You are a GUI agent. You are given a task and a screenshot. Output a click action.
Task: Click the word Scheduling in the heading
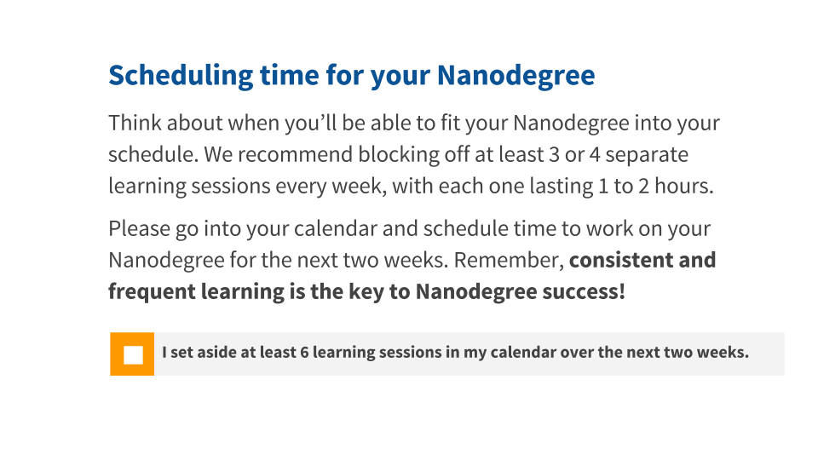point(181,76)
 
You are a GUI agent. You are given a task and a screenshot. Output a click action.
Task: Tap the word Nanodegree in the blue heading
point(516,76)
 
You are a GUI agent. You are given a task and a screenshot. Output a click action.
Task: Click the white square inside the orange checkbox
point(133,354)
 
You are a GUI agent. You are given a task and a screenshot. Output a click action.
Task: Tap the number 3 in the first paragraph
point(554,155)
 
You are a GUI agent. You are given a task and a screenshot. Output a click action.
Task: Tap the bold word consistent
point(621,261)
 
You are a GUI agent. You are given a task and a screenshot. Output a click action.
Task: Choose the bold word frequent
point(153,292)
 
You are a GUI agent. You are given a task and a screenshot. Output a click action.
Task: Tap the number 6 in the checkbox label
point(305,353)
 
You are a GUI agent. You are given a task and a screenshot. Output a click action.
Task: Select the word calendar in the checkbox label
point(523,353)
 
